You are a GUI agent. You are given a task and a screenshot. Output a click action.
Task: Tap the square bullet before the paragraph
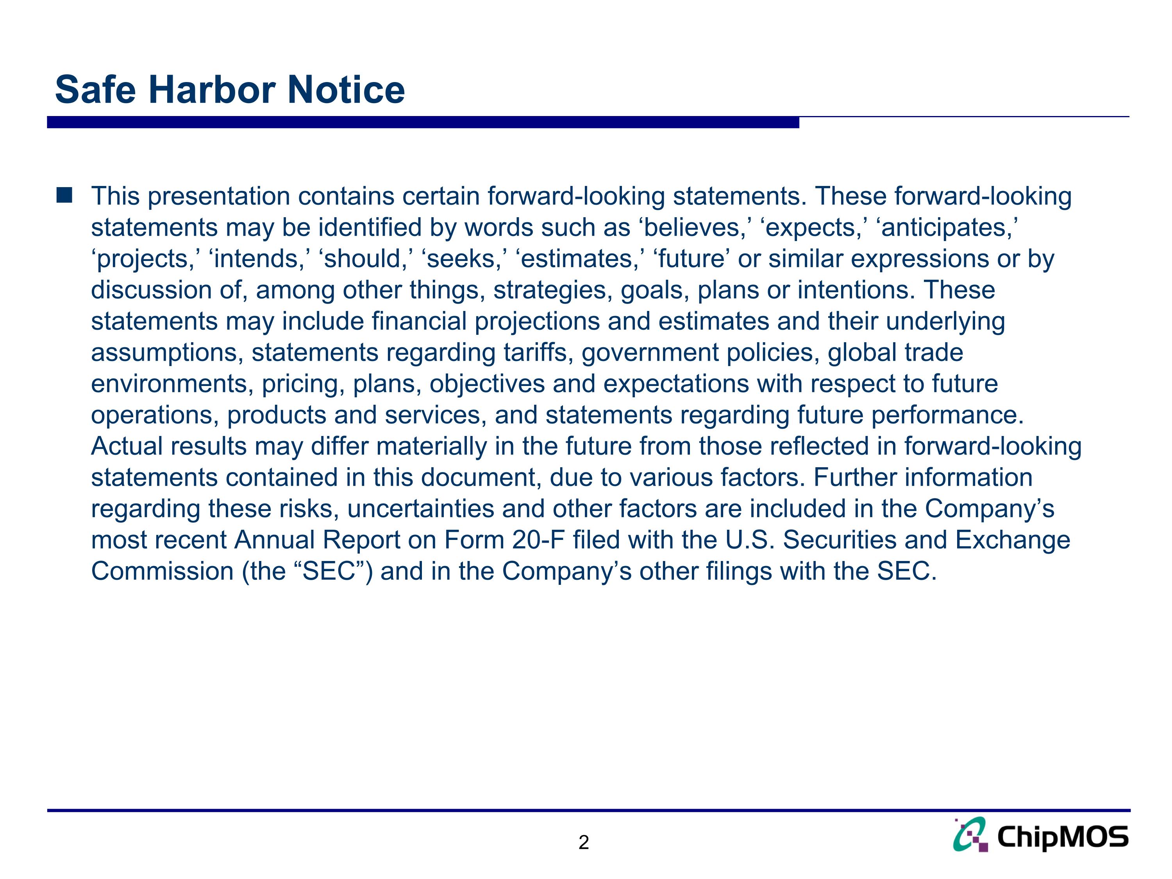(64, 195)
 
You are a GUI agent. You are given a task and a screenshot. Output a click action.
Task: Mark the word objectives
(487, 384)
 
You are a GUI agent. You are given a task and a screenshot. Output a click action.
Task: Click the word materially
(431, 447)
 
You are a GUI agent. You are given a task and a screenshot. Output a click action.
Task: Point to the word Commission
(162, 572)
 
